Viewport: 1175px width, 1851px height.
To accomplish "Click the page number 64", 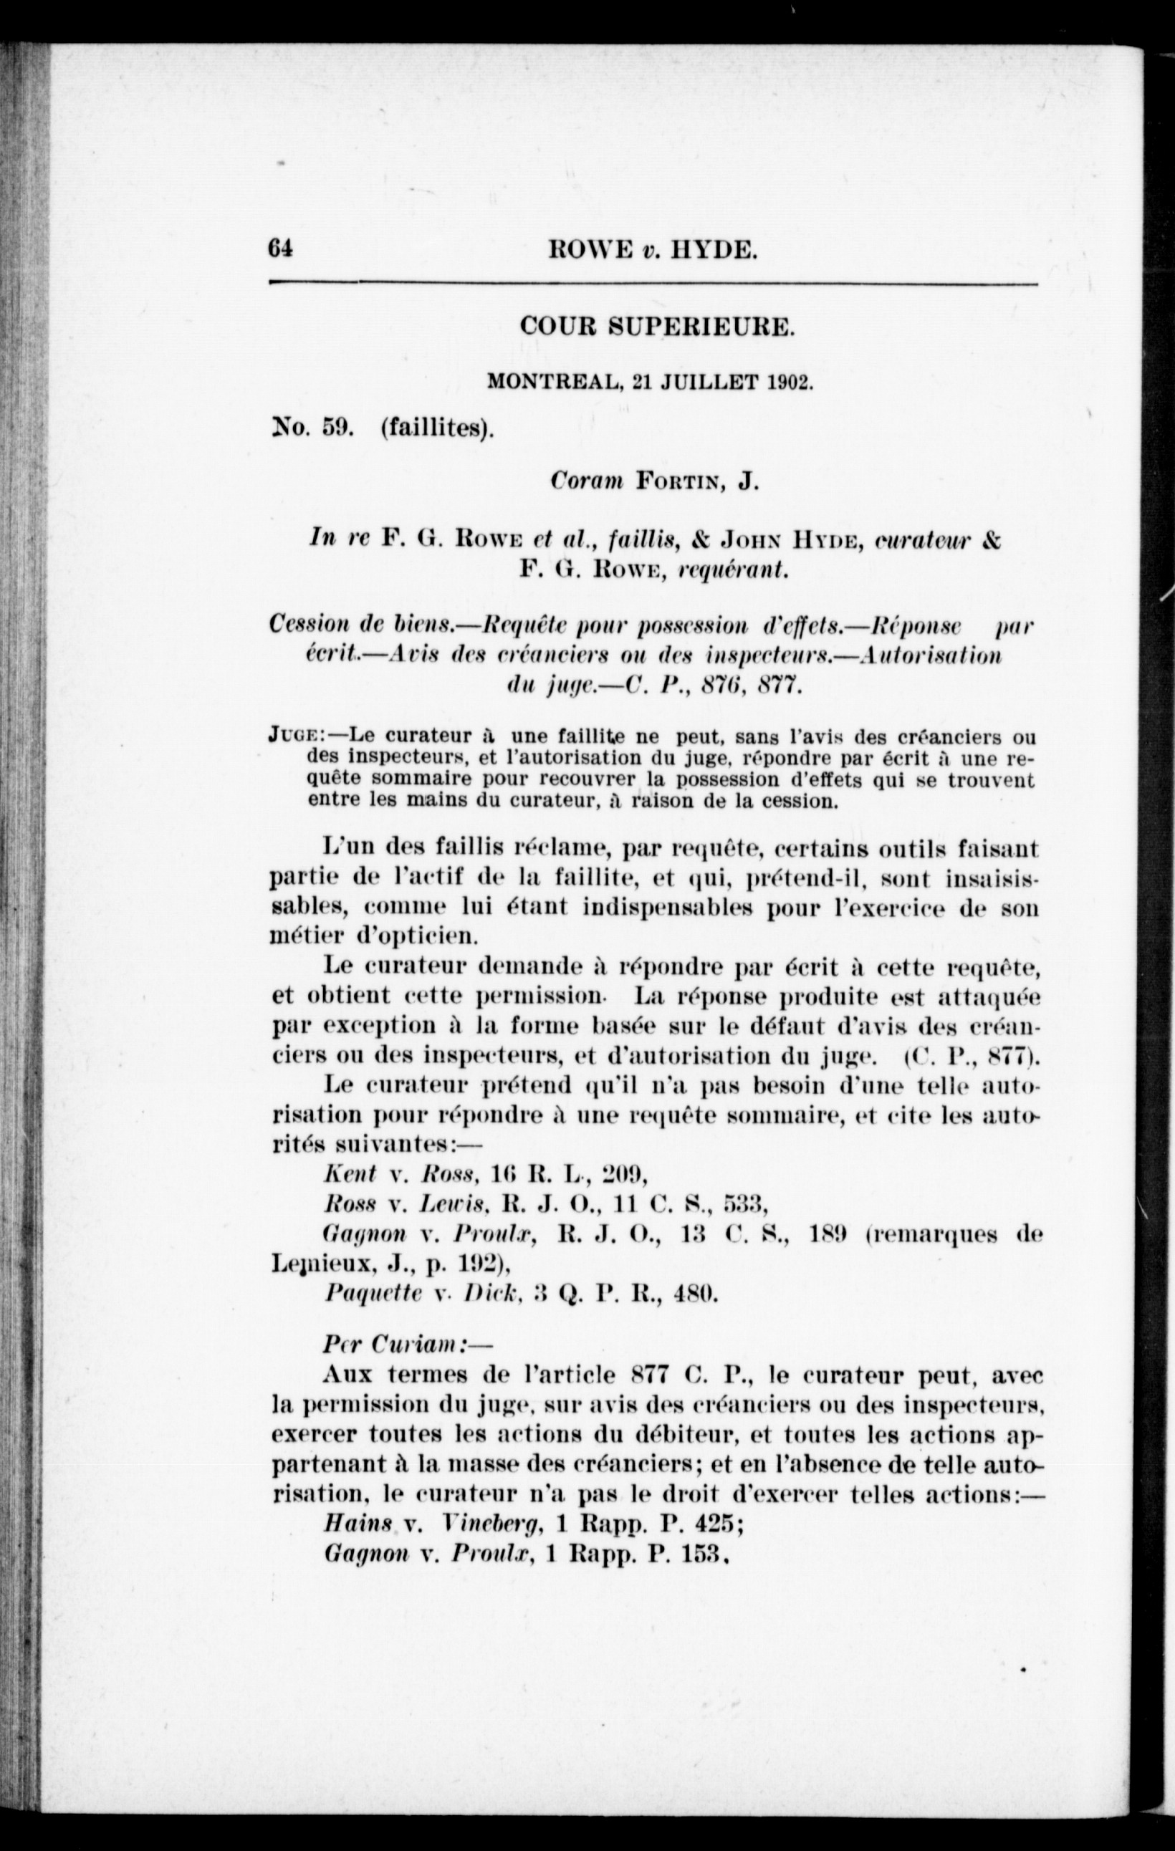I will (x=281, y=250).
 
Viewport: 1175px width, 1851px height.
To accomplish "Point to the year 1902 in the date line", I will (x=787, y=383).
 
